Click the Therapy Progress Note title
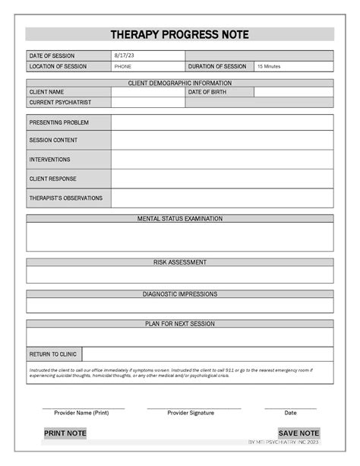[179, 35]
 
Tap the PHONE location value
[122, 66]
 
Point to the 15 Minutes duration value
[269, 66]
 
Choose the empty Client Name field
[147, 92]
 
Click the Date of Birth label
[206, 92]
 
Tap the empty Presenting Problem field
[222, 122]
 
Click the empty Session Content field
[222, 141]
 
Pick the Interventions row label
[50, 160]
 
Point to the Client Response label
[53, 179]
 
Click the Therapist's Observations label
[65, 198]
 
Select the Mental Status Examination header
[180, 218]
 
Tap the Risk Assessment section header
[180, 262]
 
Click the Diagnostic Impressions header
[180, 293]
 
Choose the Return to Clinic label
[53, 354]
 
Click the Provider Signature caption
[191, 413]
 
